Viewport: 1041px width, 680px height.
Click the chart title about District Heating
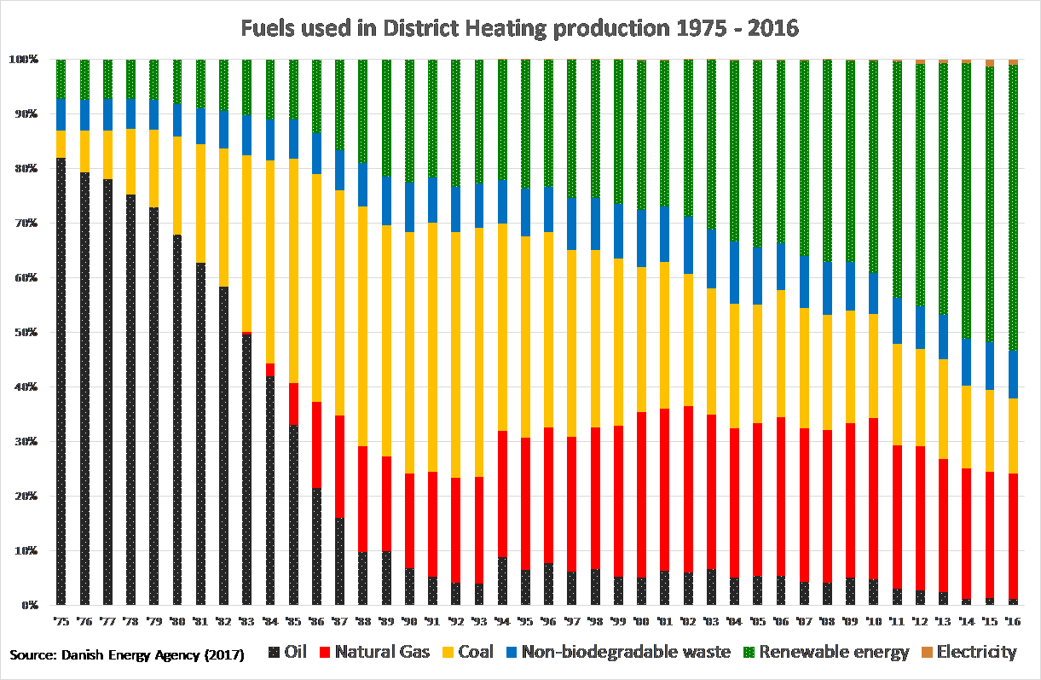click(520, 28)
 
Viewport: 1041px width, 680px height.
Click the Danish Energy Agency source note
click(127, 655)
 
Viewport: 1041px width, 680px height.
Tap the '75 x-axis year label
click(61, 619)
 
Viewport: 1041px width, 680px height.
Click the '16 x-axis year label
click(1013, 619)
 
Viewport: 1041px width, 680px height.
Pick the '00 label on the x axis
click(641, 619)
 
